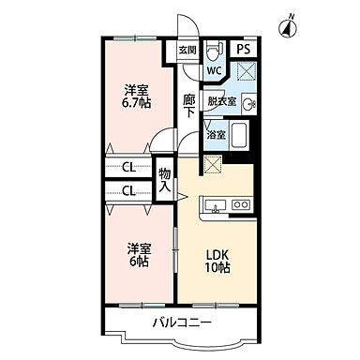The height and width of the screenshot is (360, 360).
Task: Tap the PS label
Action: pos(243,50)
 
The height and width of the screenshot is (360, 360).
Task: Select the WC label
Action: pos(213,70)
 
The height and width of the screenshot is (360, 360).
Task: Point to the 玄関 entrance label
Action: pos(187,50)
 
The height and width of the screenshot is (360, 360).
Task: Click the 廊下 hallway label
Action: pos(188,105)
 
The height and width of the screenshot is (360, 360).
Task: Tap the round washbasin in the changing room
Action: pos(247,104)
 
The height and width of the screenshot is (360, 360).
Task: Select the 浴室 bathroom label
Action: pos(216,135)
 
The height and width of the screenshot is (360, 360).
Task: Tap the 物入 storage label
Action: pos(165,180)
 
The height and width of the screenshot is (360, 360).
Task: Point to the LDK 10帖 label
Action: pos(217,262)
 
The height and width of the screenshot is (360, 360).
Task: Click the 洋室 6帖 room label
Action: pos(138,256)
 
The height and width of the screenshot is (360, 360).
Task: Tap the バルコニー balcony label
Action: pos(183,324)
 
